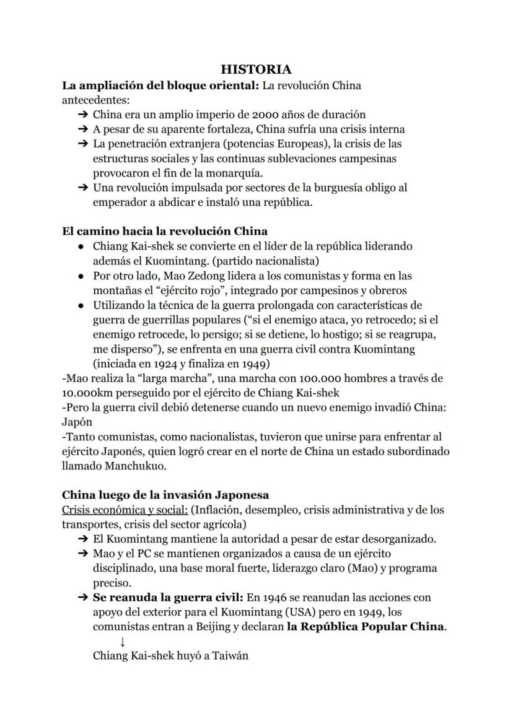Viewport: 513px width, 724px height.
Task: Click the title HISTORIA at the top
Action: coord(256,70)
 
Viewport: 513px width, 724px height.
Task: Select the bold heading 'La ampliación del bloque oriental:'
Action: coord(160,85)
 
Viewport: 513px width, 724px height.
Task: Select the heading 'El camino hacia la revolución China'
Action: coord(165,232)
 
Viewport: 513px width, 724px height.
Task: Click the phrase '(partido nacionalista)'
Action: coord(265,260)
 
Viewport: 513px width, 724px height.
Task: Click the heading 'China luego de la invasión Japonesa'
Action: coord(165,495)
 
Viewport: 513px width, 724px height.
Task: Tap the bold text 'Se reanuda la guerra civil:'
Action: coord(168,598)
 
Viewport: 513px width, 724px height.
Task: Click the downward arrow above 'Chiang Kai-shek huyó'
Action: coord(123,642)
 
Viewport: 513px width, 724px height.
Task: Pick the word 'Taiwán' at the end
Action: coord(230,655)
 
